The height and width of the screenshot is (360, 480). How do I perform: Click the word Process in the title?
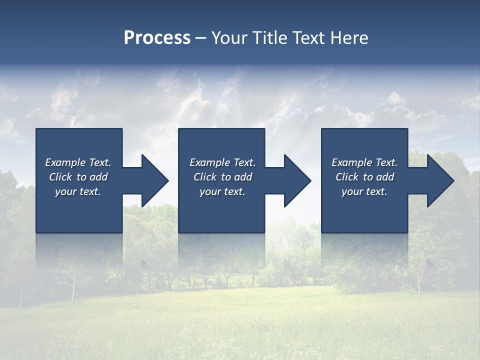tap(157, 38)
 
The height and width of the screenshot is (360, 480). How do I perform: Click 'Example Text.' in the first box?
tap(78, 162)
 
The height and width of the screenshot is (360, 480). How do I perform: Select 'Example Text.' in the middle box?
tap(222, 162)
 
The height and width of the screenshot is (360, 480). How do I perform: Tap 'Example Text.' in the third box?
tap(364, 162)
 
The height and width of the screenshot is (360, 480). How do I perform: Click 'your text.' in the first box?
tap(78, 191)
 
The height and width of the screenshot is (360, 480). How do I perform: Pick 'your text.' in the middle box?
tap(222, 191)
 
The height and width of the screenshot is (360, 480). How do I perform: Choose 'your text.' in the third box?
tap(364, 191)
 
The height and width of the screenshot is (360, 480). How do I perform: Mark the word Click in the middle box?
tap(205, 177)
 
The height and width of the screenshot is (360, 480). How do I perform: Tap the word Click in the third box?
tap(347, 177)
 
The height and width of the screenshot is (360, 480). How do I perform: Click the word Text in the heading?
tap(309, 38)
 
